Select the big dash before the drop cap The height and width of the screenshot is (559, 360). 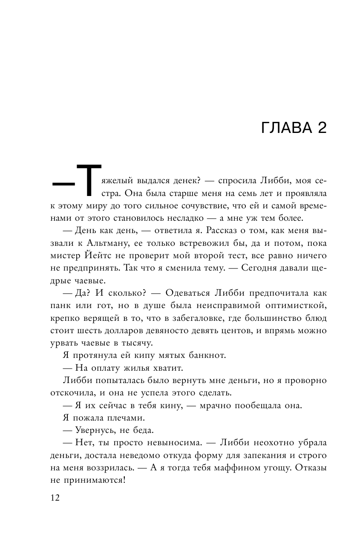click(x=63, y=184)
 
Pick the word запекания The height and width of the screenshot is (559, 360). click(x=281, y=455)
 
